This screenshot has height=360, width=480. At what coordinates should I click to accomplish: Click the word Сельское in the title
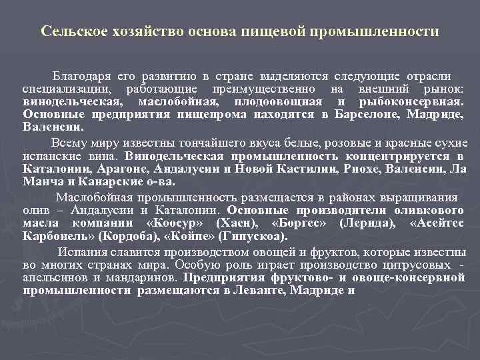coord(66,32)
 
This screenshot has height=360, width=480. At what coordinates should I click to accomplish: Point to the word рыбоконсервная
coord(409,101)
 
